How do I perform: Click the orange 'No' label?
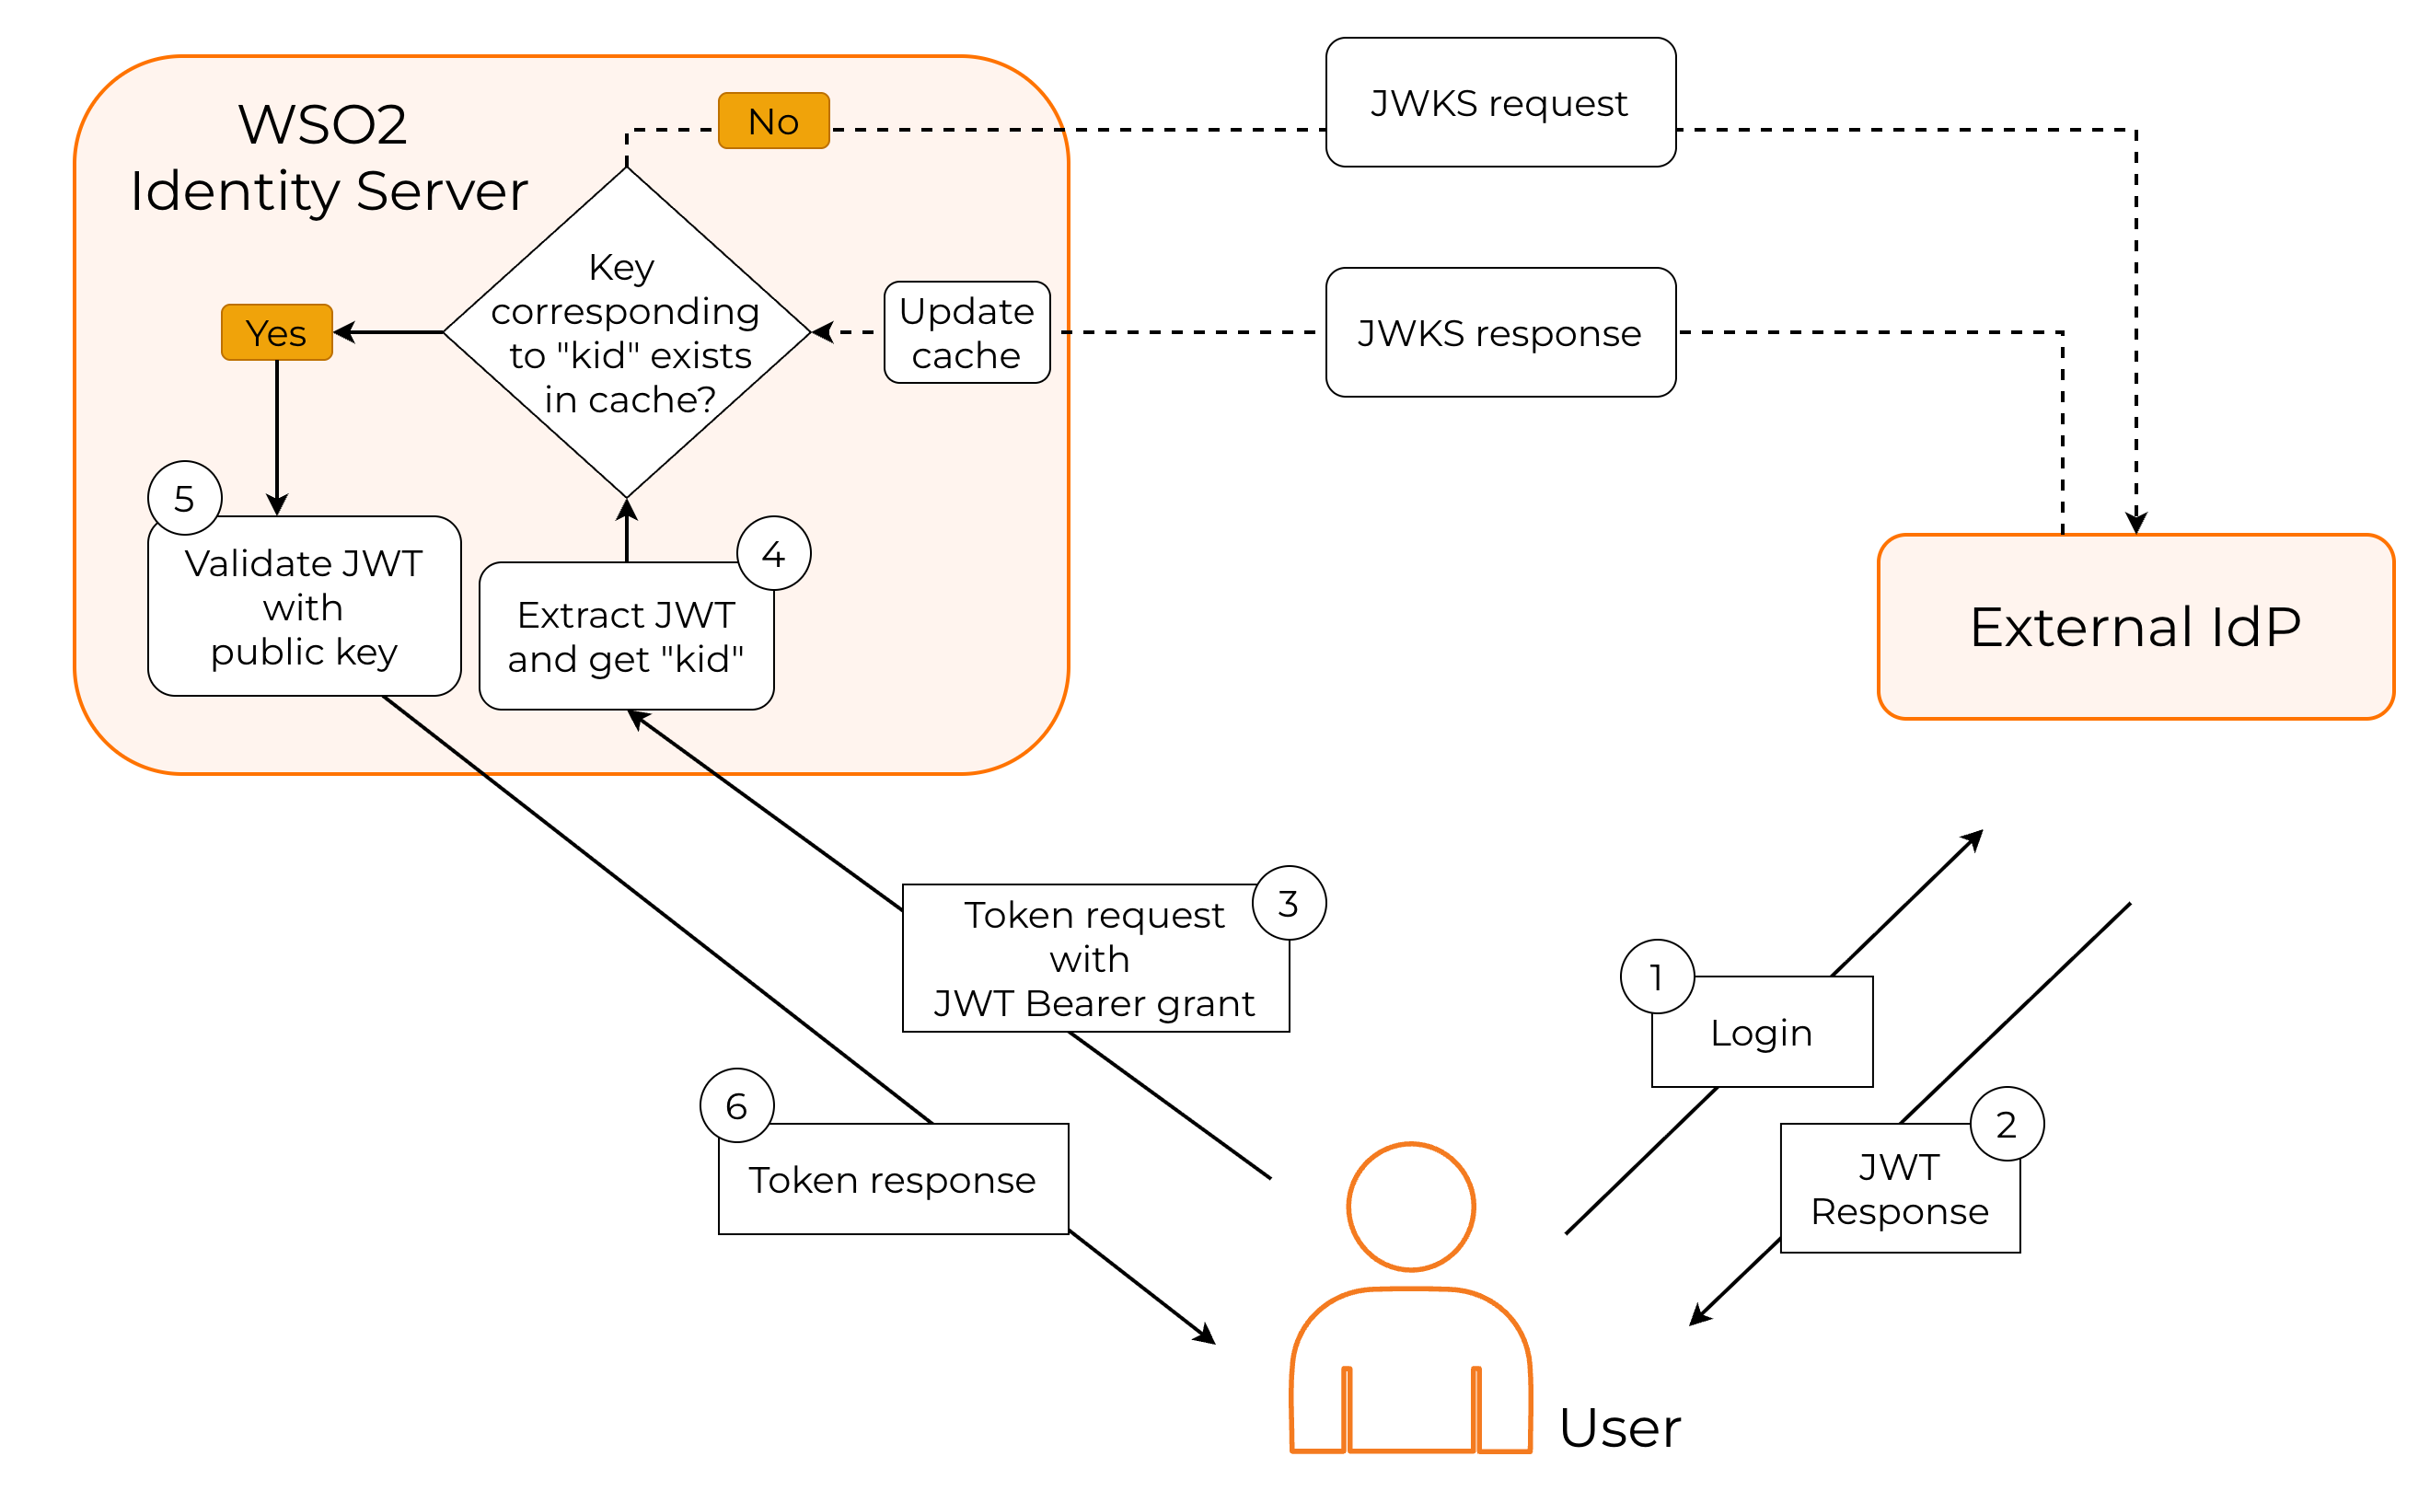point(773,121)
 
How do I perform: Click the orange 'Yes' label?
point(276,332)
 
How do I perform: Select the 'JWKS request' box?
point(1500,102)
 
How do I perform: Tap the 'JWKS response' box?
point(1500,332)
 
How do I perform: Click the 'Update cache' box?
point(966,332)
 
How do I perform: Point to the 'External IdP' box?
point(2135,627)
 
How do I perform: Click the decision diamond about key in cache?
point(626,332)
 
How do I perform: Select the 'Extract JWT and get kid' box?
point(625,636)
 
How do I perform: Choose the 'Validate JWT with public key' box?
point(304,607)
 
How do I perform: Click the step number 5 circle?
point(184,498)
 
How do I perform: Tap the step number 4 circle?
point(774,554)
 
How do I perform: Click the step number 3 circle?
point(1289,902)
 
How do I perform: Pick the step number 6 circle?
point(736,1105)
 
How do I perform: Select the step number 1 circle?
point(1657,977)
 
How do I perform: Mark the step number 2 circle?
point(2007,1124)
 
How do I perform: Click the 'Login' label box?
point(1762,1033)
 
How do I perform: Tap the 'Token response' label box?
point(893,1179)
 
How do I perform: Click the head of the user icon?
point(1410,1207)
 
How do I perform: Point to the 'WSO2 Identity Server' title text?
point(329,157)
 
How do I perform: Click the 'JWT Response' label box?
point(1900,1189)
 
